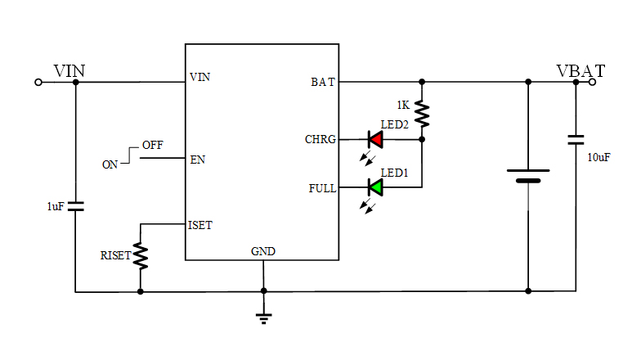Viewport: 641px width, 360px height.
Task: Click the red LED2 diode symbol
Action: click(x=375, y=139)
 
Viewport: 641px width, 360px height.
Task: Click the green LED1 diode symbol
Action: click(x=375, y=187)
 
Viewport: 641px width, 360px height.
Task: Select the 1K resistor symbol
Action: click(x=422, y=113)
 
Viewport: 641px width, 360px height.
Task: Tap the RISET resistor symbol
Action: click(x=141, y=256)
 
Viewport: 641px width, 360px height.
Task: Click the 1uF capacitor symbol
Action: click(x=75, y=206)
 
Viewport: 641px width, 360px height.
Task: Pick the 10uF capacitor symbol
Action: click(x=576, y=140)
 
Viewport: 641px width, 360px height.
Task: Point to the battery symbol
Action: click(x=528, y=176)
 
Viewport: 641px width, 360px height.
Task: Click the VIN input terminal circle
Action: click(x=38, y=82)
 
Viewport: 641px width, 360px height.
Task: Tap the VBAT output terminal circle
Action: click(x=592, y=82)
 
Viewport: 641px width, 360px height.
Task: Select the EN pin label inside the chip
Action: click(x=197, y=160)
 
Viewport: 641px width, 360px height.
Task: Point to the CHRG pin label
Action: click(x=320, y=140)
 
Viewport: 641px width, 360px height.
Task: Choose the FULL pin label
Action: click(x=322, y=188)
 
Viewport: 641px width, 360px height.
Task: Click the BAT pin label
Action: click(x=322, y=82)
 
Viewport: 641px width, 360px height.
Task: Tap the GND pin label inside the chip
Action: click(x=263, y=251)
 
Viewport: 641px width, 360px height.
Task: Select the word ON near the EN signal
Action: click(x=110, y=164)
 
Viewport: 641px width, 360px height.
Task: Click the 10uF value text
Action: click(x=599, y=156)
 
